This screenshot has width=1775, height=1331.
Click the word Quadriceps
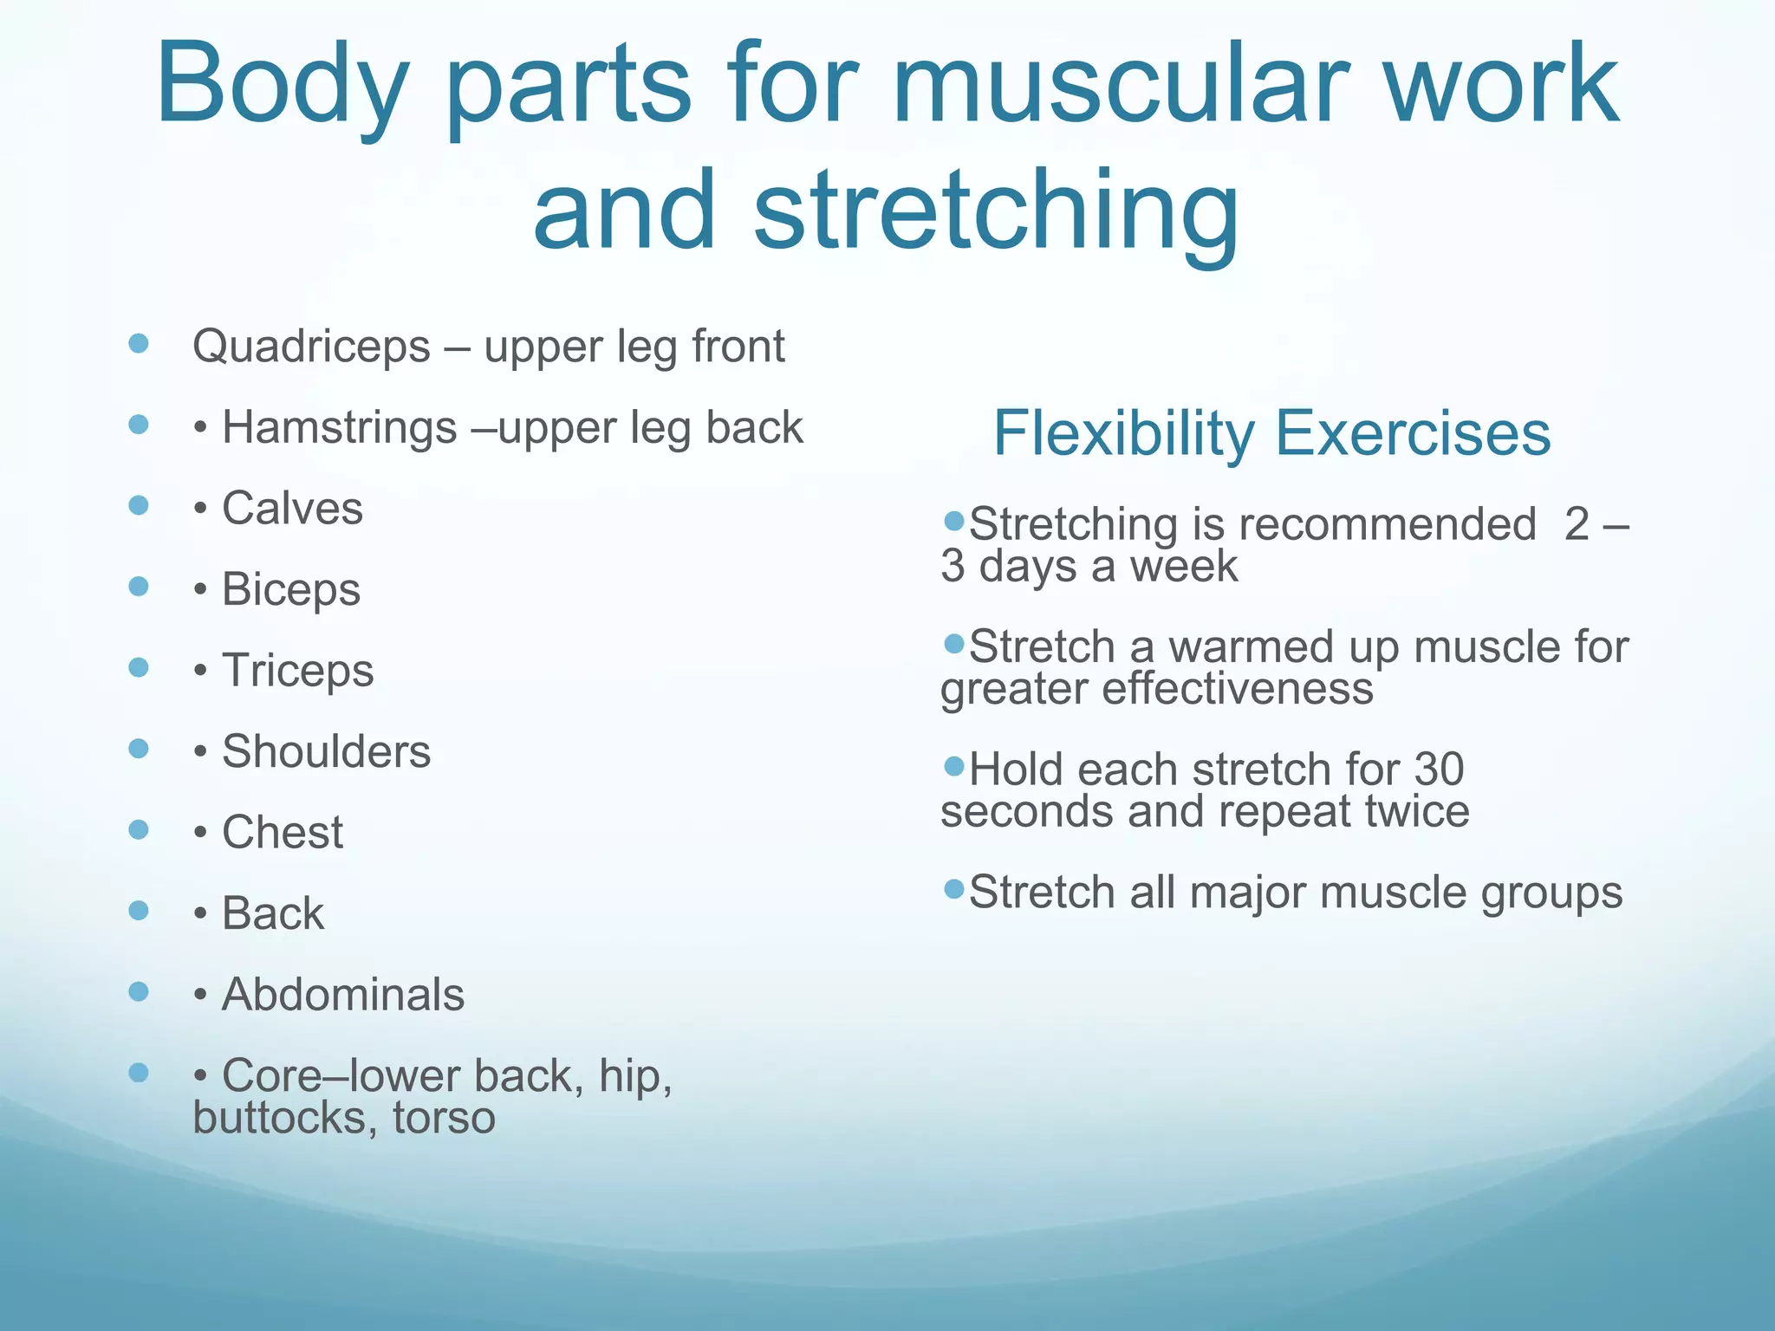tap(311, 347)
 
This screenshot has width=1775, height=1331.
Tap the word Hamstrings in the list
tap(339, 428)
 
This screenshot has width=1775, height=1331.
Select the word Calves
tap(292, 509)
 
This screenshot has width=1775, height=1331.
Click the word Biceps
tap(290, 590)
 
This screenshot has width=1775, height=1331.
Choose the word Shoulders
tap(326, 751)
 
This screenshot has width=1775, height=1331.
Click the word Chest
tap(283, 833)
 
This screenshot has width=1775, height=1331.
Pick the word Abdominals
tap(343, 995)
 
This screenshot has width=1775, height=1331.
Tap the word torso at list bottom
tap(444, 1118)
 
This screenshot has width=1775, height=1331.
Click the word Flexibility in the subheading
tap(1123, 433)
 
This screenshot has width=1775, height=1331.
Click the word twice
tap(1416, 812)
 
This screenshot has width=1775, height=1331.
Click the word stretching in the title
tap(997, 212)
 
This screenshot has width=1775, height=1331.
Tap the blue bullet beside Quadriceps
tap(139, 344)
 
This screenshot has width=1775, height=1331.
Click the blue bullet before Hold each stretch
tap(954, 766)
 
